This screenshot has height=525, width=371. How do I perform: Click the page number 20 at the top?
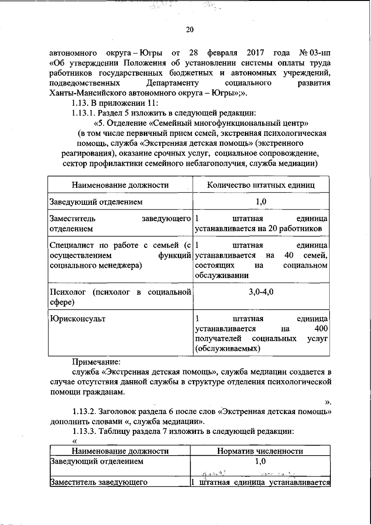point(190,30)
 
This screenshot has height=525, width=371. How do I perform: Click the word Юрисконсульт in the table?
point(78,319)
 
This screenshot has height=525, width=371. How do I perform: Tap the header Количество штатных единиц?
point(261,185)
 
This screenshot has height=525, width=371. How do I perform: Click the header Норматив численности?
point(260,451)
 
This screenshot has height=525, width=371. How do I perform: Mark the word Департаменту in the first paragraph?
point(172,83)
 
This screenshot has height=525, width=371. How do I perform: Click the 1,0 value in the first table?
point(261,202)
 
